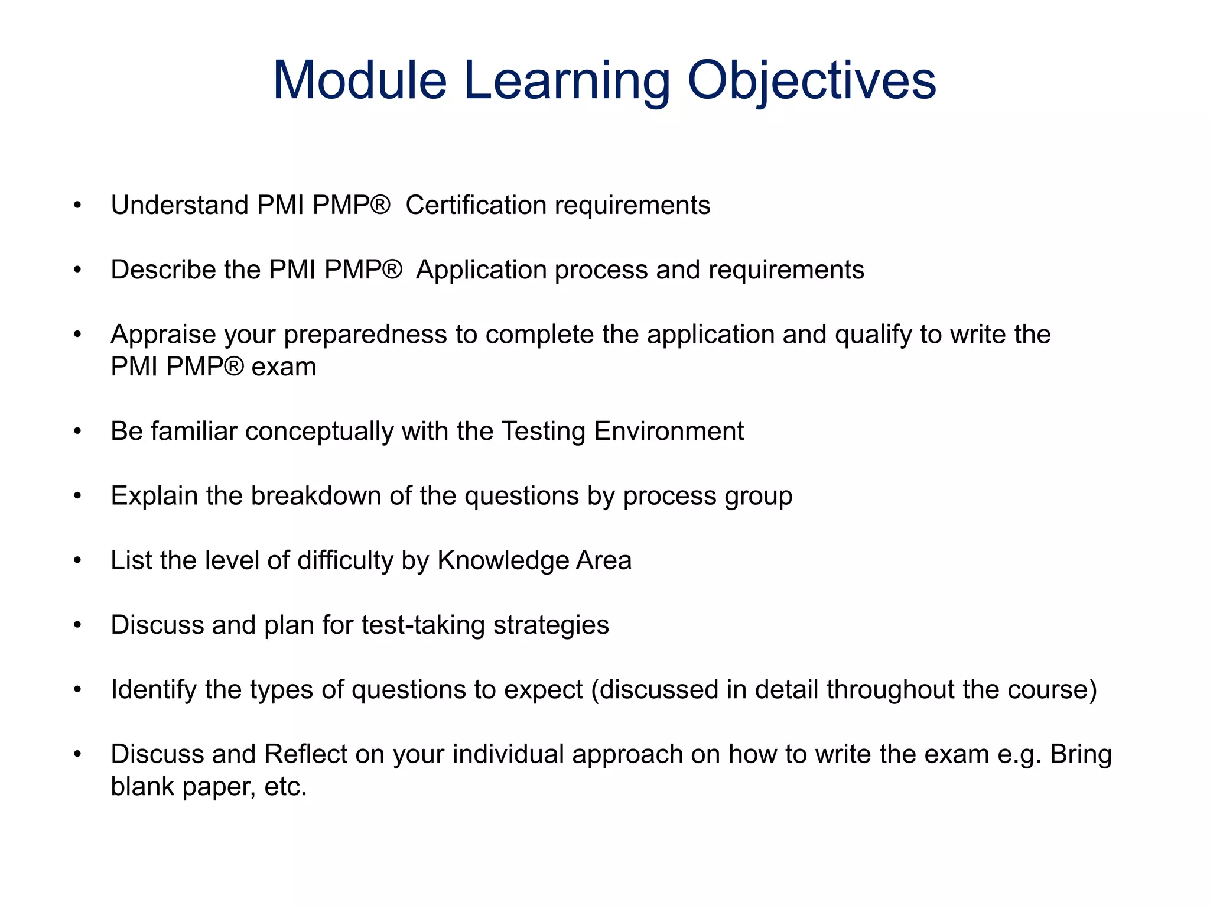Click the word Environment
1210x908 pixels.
tap(668, 431)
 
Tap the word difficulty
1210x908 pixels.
tap(346, 560)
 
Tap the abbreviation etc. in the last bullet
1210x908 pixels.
tap(286, 787)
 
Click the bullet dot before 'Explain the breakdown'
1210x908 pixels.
tap(77, 495)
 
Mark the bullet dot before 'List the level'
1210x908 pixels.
tap(77, 560)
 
